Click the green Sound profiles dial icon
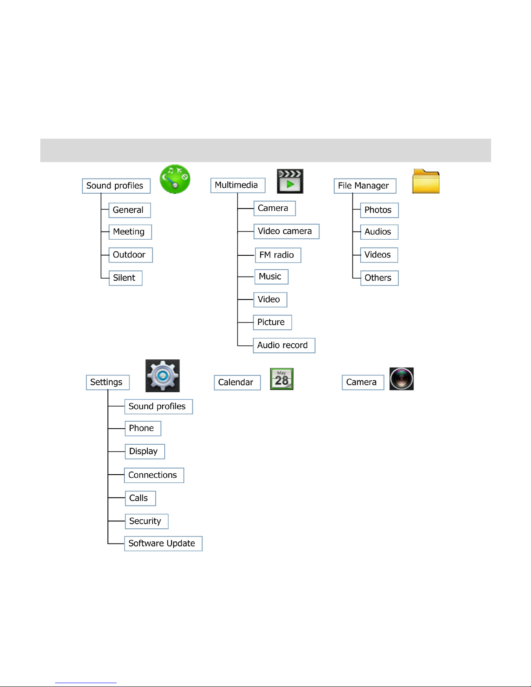[x=175, y=179]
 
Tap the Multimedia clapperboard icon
[x=290, y=181]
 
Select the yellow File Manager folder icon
[x=426, y=181]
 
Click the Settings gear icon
[x=163, y=376]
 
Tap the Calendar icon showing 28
[x=282, y=379]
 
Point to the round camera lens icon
[x=401, y=379]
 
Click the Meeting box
[x=130, y=232]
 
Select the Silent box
[x=125, y=278]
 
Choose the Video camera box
[x=287, y=231]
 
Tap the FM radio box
[x=278, y=255]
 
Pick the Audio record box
[x=284, y=345]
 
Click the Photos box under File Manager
[x=379, y=210]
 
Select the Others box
[x=379, y=278]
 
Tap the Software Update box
[x=163, y=544]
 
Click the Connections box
[x=154, y=475]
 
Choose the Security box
[x=147, y=521]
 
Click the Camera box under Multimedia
[x=274, y=208]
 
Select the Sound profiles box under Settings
[x=158, y=407]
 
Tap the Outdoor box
[x=130, y=255]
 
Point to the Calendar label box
[x=237, y=383]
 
